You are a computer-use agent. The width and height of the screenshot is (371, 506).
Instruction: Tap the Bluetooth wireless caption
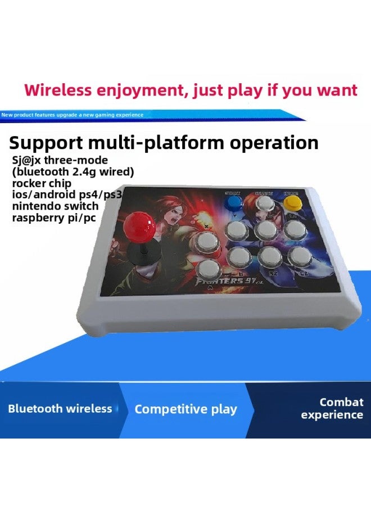(x=60, y=409)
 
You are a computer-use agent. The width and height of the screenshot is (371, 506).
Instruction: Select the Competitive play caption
(x=185, y=409)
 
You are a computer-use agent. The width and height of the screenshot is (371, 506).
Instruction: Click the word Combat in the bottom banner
(x=341, y=402)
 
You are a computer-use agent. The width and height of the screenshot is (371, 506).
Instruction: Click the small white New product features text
(x=72, y=115)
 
